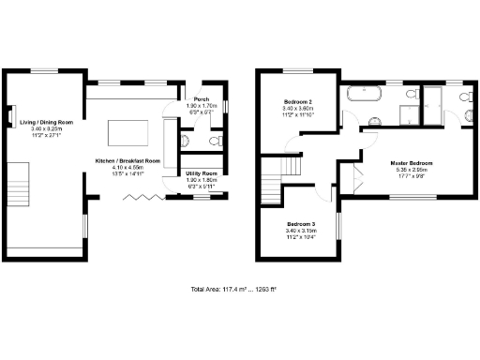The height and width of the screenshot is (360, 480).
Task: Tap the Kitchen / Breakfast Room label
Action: click(x=127, y=160)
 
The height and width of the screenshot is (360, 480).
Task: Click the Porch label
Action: click(x=200, y=99)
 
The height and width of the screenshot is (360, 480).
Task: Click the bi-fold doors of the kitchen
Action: click(x=144, y=196)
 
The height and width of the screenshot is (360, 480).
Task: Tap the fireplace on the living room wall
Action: click(x=11, y=114)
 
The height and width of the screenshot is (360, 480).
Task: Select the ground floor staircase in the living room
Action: click(x=20, y=183)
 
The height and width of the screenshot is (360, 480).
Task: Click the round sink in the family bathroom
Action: click(x=373, y=121)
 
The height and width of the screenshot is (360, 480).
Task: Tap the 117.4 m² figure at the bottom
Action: click(x=231, y=289)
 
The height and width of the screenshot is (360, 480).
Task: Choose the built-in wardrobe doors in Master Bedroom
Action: click(x=355, y=178)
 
